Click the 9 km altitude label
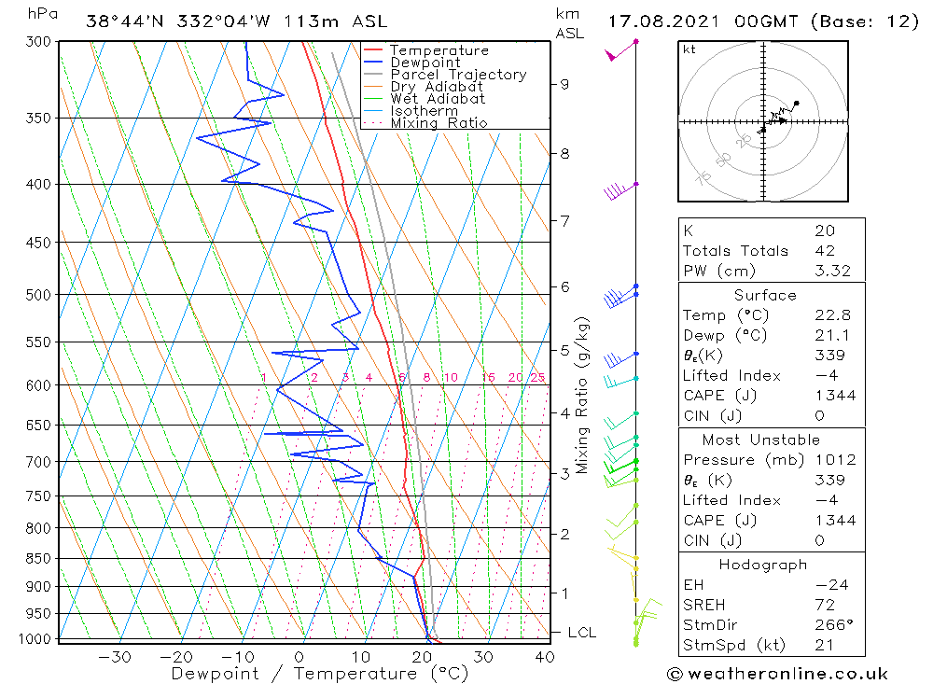[564, 84]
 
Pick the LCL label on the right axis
[581, 633]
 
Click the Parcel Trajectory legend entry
[458, 75]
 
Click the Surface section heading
[765, 296]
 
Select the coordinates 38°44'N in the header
[124, 21]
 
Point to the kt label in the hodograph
[689, 49]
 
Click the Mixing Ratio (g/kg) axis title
[583, 395]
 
